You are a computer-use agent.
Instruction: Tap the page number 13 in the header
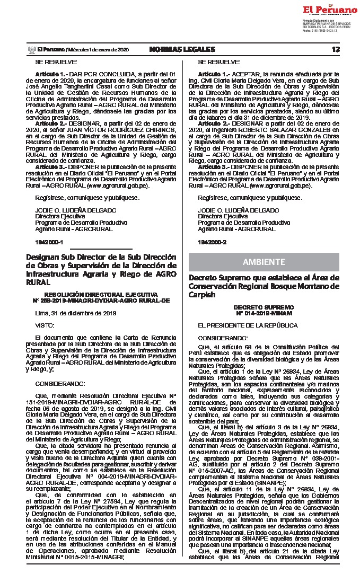tap(336, 49)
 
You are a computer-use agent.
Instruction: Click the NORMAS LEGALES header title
tap(182, 49)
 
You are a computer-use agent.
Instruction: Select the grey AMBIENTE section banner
tap(264, 262)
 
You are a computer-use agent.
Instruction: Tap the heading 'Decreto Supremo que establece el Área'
tap(264, 286)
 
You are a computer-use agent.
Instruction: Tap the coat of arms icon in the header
tap(31, 49)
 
